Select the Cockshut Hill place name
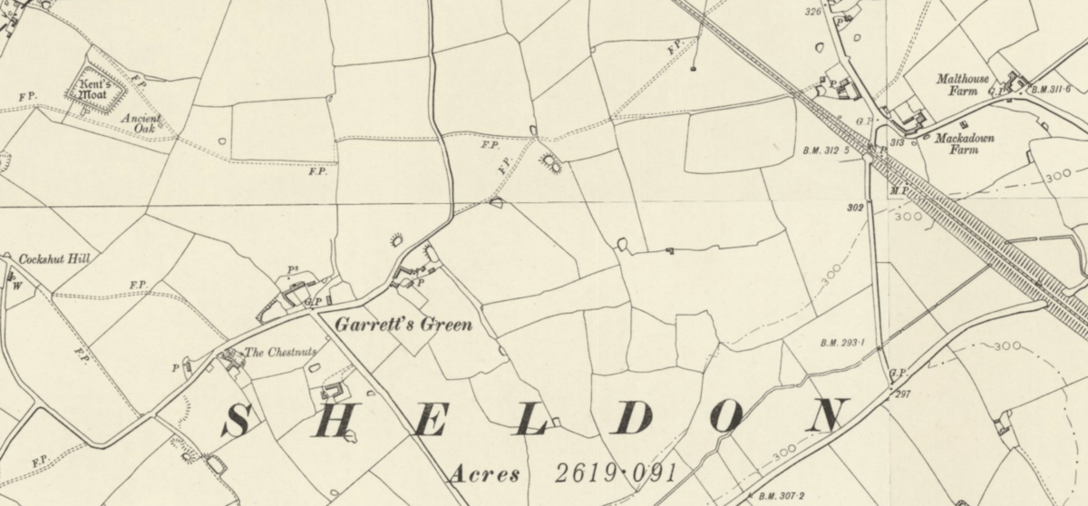54,259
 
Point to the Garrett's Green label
403,324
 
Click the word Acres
484,474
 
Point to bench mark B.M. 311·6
1051,89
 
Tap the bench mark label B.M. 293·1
842,343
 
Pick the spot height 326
812,11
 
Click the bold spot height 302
854,208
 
